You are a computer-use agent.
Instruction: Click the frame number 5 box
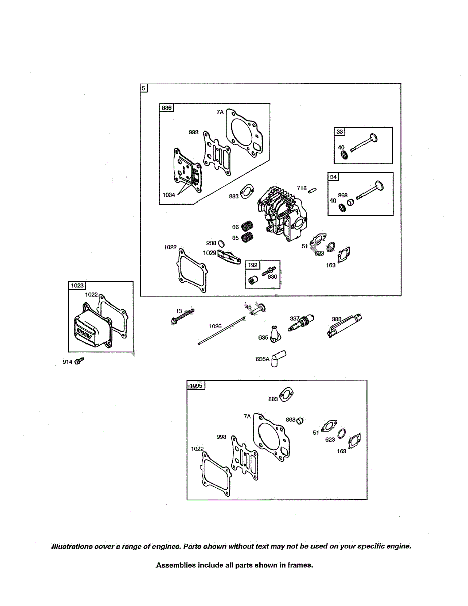point(144,88)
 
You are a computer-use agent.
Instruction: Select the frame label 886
point(166,108)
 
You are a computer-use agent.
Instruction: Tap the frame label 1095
point(196,386)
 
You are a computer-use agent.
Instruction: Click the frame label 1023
point(77,286)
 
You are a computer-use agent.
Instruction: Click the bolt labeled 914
point(80,361)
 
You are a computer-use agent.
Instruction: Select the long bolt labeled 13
point(182,315)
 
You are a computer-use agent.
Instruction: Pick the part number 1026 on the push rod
point(215,326)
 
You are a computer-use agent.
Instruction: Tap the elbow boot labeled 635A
point(277,359)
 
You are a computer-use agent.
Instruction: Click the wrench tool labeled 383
point(345,323)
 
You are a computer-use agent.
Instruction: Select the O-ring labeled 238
point(221,244)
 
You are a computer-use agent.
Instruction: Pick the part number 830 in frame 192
point(272,276)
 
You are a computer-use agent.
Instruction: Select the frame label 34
point(333,177)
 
